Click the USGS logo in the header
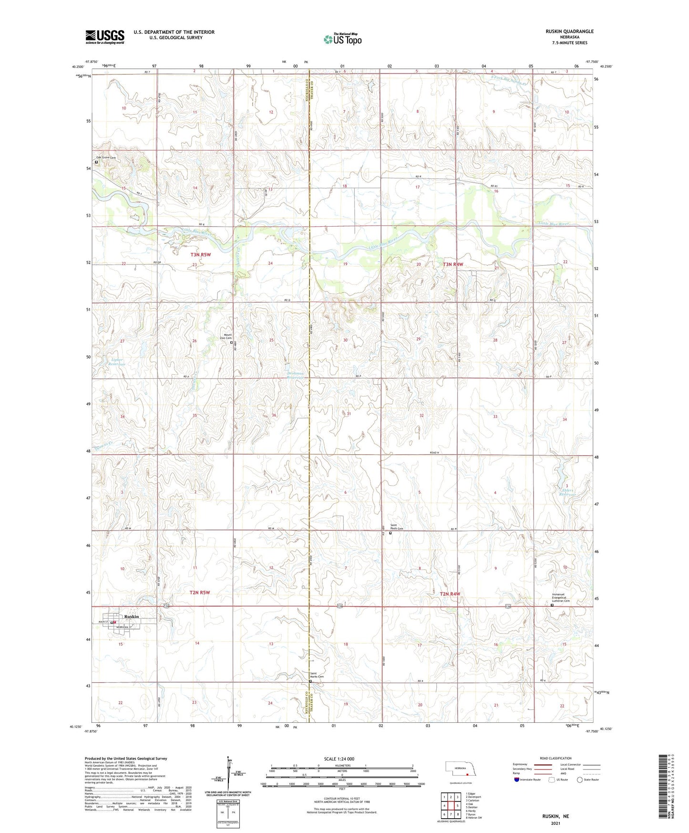[x=104, y=37]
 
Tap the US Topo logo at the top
[x=342, y=39]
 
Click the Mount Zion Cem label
[x=225, y=336]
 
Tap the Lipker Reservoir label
[x=116, y=362]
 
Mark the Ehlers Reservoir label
[x=567, y=492]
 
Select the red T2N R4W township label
[x=450, y=594]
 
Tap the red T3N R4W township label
[x=452, y=264]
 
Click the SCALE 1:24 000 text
[x=339, y=759]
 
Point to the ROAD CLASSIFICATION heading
[x=555, y=758]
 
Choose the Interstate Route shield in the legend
[x=517, y=780]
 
